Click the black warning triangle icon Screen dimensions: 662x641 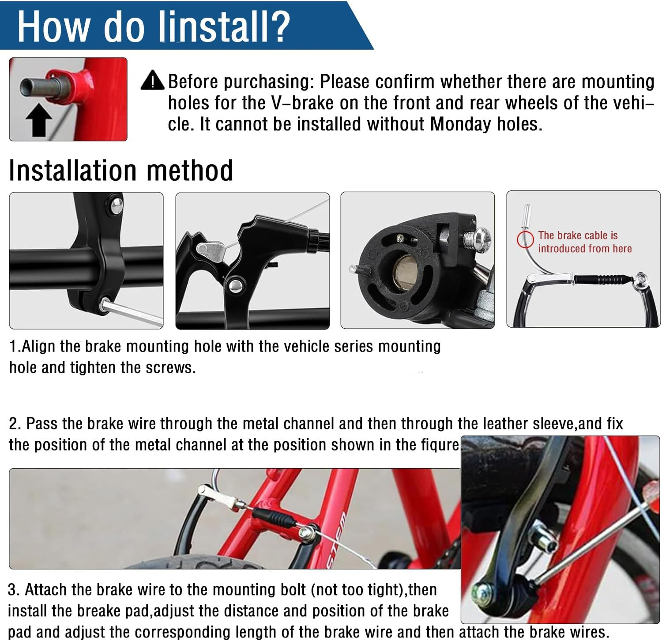click(x=153, y=80)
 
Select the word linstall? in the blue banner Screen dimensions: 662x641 click(x=224, y=27)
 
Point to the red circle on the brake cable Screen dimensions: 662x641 click(x=525, y=239)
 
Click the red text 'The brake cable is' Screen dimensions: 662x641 click(x=578, y=235)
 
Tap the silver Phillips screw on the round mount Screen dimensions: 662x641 click(x=478, y=239)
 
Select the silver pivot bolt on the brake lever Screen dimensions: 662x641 click(x=234, y=284)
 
